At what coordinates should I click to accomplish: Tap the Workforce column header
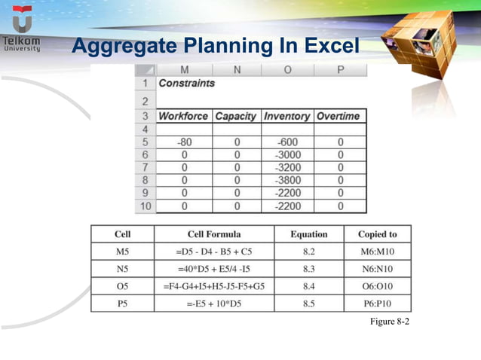coord(183,117)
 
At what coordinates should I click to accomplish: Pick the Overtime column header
coord(340,117)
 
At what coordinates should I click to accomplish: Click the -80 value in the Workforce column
coord(183,142)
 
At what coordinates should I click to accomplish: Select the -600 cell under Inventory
coord(287,142)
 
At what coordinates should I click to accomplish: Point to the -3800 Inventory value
coord(287,180)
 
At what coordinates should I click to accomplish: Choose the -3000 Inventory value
coord(287,154)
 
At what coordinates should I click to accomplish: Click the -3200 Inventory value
coord(287,167)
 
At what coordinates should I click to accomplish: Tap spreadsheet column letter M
coord(183,70)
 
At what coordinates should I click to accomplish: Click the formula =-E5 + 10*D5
coord(214,304)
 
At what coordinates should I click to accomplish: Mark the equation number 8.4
coord(309,286)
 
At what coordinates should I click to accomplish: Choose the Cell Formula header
coord(214,234)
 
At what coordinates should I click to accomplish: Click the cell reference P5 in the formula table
coord(122,304)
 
